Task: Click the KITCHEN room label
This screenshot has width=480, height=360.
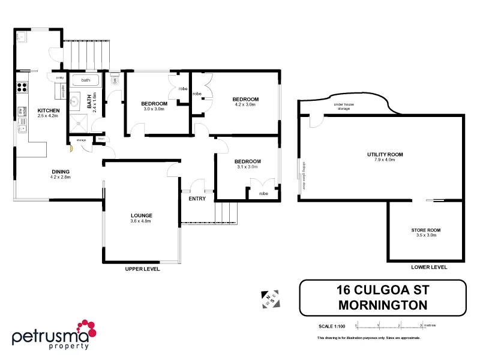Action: [x=49, y=111]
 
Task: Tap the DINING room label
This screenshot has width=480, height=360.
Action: [x=61, y=172]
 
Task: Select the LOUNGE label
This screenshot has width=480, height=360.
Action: [x=141, y=215]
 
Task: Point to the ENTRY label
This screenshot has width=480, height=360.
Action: [x=197, y=199]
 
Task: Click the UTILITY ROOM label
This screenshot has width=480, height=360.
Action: [x=385, y=155]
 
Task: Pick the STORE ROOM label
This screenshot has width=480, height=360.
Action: [x=425, y=230]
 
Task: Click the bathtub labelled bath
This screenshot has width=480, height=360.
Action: [x=86, y=80]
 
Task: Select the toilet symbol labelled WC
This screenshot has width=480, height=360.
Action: [x=115, y=79]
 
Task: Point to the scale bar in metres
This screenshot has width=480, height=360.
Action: [x=389, y=326]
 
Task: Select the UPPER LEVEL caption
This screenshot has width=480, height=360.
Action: [x=142, y=269]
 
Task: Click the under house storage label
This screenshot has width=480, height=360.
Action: [x=343, y=107]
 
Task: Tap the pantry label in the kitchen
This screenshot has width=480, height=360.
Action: [x=59, y=78]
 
